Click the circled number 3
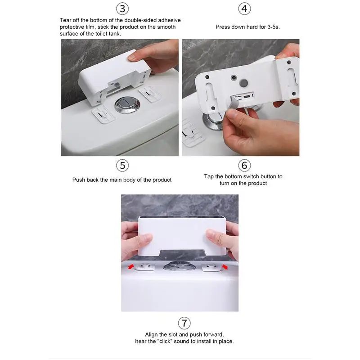tap(122, 9)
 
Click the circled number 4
tap(244, 9)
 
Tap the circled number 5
tap(122, 165)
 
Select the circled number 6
tap(244, 165)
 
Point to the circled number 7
tap(184, 323)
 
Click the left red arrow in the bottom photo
tap(131, 266)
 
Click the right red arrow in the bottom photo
tap(225, 266)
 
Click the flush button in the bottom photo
tap(179, 266)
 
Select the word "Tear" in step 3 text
tap(65, 20)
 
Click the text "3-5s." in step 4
tap(274, 27)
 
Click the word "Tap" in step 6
tap(209, 176)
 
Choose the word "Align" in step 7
tap(151, 334)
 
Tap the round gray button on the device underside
tap(243, 83)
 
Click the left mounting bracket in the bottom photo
tap(144, 267)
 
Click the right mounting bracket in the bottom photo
tap(211, 267)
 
